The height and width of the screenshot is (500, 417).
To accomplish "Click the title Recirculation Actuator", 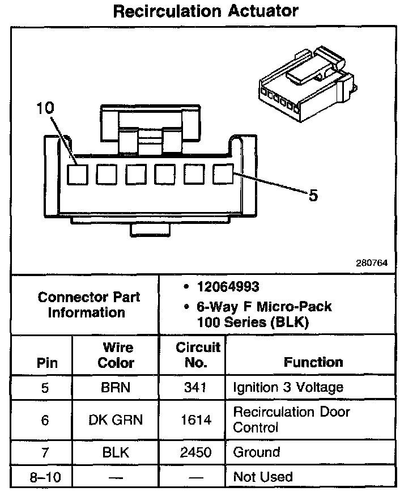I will pos(206,11).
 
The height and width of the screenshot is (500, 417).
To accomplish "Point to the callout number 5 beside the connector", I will pos(313,196).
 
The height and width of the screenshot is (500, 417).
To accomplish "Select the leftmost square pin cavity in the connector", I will pos(78,174).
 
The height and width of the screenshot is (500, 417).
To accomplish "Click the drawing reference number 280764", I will pos(372,262).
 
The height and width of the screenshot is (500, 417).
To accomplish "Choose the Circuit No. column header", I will pos(197,355).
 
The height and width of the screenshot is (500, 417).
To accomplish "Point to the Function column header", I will pos(313,362).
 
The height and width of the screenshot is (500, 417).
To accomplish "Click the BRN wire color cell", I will pos(116,388).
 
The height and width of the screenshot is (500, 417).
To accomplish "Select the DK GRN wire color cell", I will pos(116,420).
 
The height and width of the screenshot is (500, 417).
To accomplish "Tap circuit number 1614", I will pos(197,420).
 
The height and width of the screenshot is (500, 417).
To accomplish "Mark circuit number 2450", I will pos(197,452).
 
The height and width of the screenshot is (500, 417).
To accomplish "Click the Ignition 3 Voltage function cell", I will pos(288,388).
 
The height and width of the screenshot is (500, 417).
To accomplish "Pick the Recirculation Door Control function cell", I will pos(292,420).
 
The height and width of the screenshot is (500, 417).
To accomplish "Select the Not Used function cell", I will pos(263,477).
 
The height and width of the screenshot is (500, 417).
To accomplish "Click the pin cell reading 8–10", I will pos(45,477).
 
